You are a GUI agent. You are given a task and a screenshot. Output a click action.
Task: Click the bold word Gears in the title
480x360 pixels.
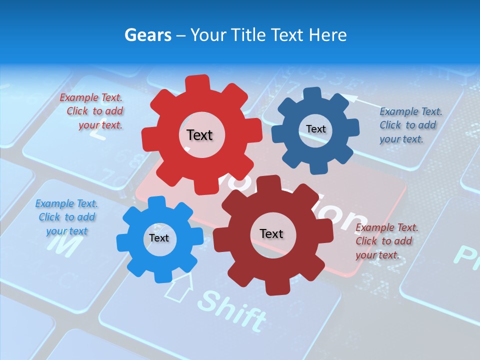click(x=147, y=35)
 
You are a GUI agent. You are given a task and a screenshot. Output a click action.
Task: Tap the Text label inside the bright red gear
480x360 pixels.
click(x=199, y=135)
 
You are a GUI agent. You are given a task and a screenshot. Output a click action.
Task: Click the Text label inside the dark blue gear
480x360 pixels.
click(x=315, y=129)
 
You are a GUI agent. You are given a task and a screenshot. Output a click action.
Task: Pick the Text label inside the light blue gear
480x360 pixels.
click(x=158, y=238)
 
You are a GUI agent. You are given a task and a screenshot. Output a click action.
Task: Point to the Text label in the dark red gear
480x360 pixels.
click(x=271, y=233)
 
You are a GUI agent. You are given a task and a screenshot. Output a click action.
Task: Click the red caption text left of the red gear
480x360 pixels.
click(x=93, y=111)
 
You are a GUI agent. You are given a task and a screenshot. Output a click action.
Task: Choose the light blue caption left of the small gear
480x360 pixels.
click(x=66, y=217)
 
